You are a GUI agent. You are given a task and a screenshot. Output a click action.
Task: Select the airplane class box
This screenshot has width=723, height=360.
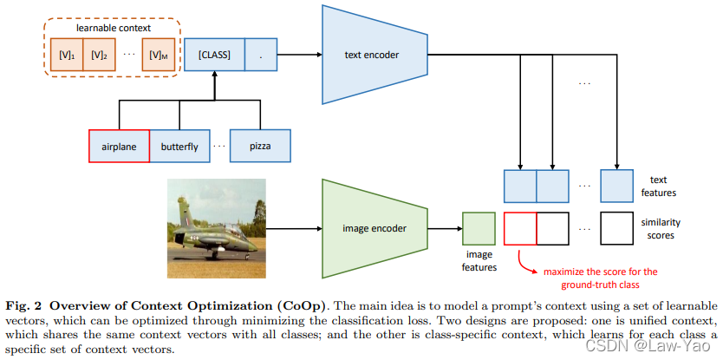click(x=119, y=146)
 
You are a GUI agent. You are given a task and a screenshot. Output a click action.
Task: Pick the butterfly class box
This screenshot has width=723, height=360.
click(x=179, y=146)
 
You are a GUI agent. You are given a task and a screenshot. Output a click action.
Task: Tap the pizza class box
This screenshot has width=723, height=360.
click(x=259, y=146)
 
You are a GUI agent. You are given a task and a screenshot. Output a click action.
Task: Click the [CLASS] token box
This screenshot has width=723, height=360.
click(x=213, y=56)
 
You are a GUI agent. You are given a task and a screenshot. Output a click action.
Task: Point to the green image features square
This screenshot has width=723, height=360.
click(x=479, y=229)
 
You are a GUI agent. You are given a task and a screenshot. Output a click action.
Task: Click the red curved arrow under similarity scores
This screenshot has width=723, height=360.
click(x=524, y=259)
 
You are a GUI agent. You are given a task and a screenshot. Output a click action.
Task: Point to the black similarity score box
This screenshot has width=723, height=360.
click(x=616, y=229)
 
